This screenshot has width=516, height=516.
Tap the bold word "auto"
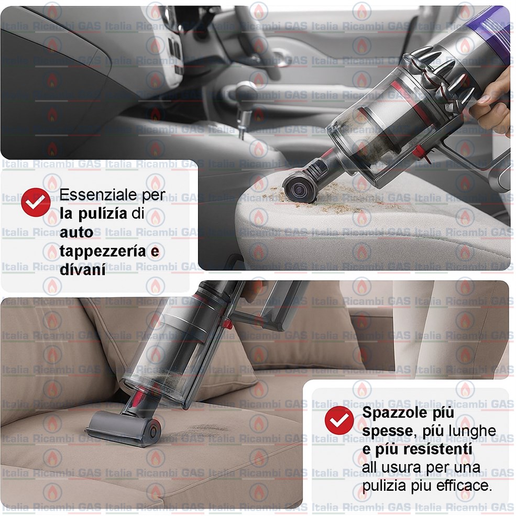tap(76, 233)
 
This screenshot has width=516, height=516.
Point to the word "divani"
tap(83, 270)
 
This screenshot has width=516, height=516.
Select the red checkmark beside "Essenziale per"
tap(36, 202)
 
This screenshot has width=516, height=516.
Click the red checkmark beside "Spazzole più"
tap(339, 420)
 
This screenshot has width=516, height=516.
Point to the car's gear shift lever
tap(244, 105)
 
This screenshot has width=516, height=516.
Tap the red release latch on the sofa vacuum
tap(227, 324)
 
